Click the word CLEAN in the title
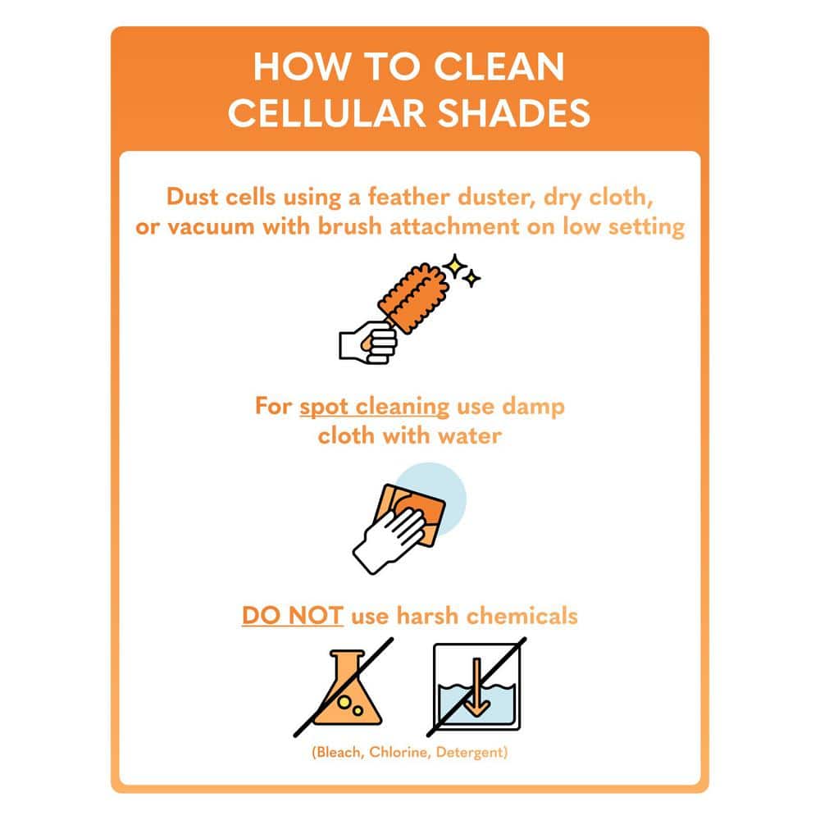[499, 66]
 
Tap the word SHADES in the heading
[513, 113]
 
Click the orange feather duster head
[413, 297]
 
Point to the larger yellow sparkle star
[454, 266]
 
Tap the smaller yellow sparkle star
[472, 279]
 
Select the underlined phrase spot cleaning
[375, 408]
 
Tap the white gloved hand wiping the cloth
[389, 541]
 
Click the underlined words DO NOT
[293, 616]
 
